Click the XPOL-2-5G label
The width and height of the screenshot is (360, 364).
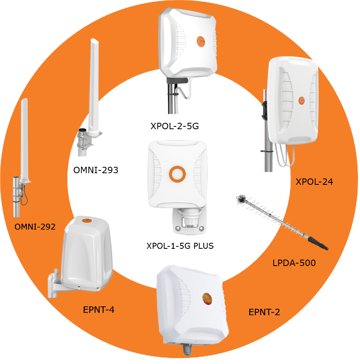[174, 126]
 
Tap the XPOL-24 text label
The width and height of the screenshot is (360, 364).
[314, 182]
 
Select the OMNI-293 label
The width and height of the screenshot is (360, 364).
[96, 170]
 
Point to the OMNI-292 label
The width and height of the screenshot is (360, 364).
[35, 227]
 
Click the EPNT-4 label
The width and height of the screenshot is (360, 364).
[99, 310]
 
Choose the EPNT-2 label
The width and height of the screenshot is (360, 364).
[264, 312]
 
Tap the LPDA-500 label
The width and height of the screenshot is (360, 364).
[294, 263]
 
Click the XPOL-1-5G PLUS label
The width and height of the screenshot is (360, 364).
[180, 246]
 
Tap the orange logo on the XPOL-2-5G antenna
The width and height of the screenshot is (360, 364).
[201, 41]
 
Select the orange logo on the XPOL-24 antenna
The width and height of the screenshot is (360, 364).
[302, 100]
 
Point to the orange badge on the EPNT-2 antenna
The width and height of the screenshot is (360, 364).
[207, 298]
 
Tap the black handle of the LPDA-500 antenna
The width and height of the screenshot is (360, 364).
[318, 243]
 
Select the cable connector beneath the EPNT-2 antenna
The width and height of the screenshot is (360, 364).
[187, 349]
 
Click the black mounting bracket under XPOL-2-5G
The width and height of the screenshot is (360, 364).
[177, 80]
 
